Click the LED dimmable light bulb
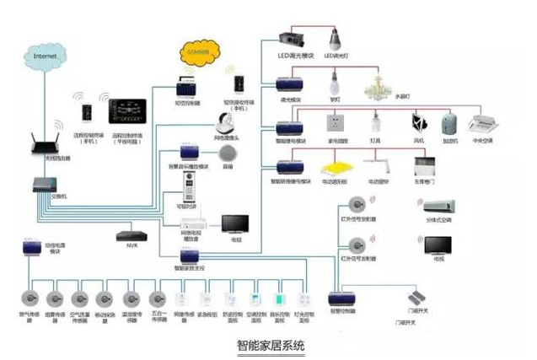coord(334,40)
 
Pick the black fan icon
coord(419,123)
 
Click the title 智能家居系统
coord(268,346)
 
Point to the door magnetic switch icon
coord(419,301)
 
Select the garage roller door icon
coord(425,164)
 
